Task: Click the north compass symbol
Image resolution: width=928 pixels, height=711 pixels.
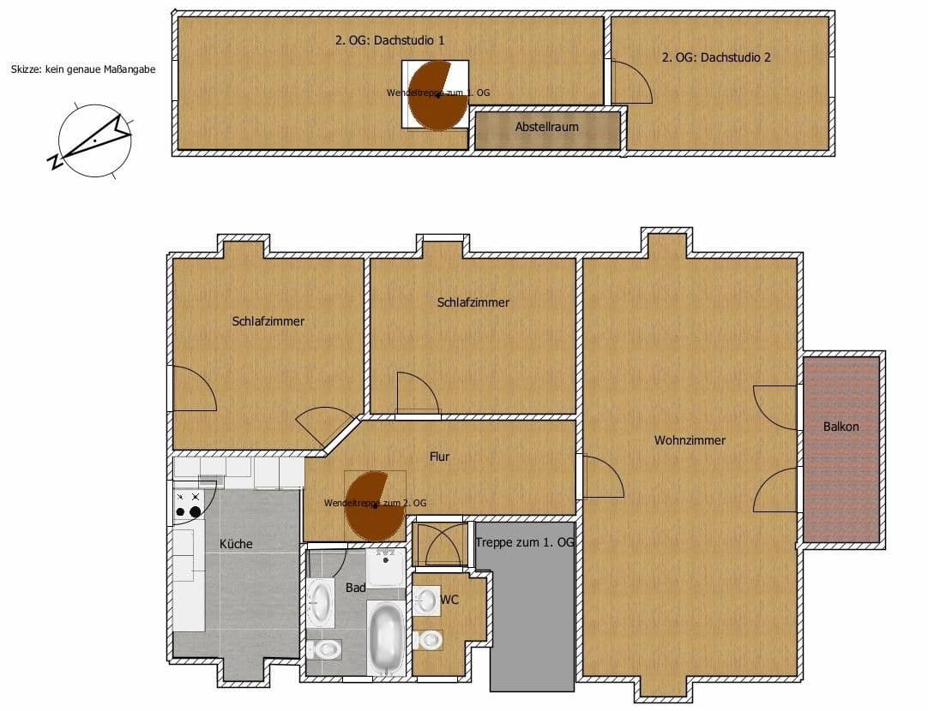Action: point(94,140)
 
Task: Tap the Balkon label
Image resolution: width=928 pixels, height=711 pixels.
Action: point(841,426)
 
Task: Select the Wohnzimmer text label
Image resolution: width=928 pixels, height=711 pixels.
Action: point(690,440)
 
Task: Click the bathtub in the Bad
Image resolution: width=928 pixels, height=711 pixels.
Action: point(386,637)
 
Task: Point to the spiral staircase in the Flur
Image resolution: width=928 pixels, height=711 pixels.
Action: point(375,505)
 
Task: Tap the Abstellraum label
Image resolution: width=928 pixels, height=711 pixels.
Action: point(546,127)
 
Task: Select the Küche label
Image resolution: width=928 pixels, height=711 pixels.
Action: point(236,544)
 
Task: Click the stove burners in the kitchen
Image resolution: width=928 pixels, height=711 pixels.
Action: point(189,505)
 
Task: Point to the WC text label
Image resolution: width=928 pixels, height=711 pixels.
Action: point(449,600)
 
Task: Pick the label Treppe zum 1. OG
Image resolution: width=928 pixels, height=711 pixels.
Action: point(524,543)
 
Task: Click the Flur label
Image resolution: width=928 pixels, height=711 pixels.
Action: point(439,457)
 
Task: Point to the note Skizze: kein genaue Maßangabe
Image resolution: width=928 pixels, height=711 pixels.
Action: point(83,70)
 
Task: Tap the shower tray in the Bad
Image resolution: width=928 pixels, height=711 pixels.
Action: point(386,567)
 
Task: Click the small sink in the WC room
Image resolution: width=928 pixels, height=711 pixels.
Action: point(426,600)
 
